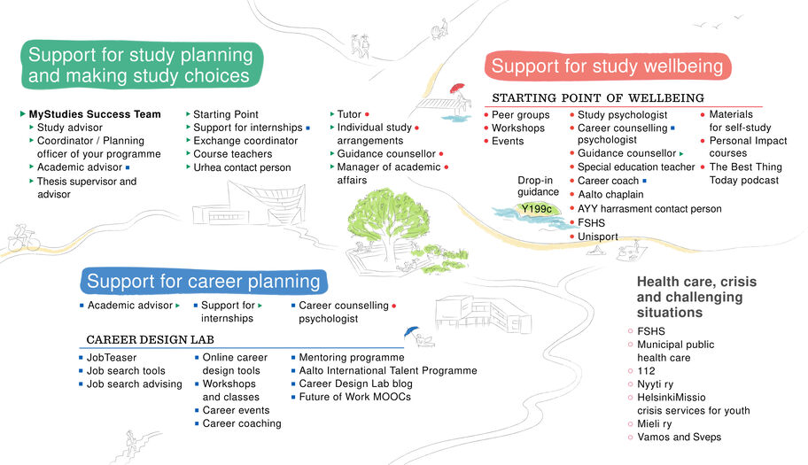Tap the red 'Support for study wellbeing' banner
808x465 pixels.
pos(607,66)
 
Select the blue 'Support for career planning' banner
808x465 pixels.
pos(203,282)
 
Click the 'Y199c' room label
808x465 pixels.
pos(537,209)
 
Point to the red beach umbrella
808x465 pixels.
pos(456,89)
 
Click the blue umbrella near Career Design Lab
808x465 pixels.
pos(409,332)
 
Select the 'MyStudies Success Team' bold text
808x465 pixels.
pos(95,114)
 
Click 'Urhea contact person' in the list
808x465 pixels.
pos(241,167)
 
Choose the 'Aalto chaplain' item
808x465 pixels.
pos(610,194)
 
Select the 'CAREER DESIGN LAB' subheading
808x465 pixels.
pos(150,339)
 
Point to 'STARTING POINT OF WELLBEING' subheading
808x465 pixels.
pos(597,97)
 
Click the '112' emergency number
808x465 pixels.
pos(646,371)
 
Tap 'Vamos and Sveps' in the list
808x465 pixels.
pos(679,438)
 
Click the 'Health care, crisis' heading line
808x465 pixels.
pos(696,282)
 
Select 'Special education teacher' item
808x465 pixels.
pos(636,167)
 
